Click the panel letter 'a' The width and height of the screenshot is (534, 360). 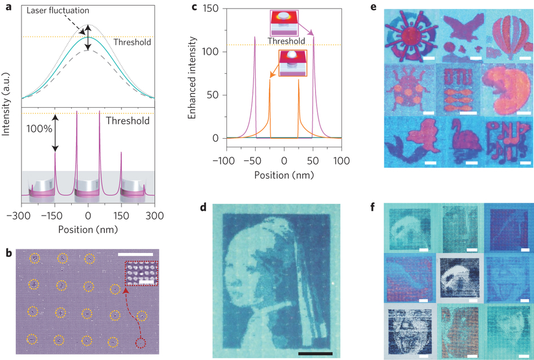9,6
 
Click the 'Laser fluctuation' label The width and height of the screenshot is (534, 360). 58,11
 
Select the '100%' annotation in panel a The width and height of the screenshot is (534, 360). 39,129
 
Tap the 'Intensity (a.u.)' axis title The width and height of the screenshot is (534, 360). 6,104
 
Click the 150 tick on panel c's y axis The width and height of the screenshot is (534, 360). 211,8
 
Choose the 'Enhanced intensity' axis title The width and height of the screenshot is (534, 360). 192,78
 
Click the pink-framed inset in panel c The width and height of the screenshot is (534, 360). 284,23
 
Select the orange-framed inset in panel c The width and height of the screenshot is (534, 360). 293,63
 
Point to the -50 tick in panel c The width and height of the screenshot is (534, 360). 253,161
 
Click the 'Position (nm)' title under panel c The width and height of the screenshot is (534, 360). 284,175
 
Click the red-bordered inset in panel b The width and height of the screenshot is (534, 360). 142,273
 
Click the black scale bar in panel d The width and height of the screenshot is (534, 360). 316,354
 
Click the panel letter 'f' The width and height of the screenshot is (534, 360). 373,206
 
